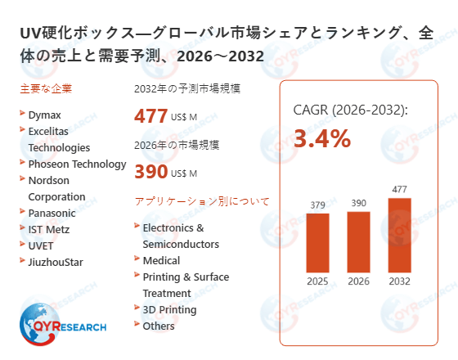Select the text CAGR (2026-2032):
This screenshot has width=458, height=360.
coord(350,110)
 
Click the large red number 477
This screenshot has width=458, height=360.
coord(150,116)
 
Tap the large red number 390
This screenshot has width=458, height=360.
coord(150,172)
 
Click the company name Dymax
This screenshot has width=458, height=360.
coord(44,115)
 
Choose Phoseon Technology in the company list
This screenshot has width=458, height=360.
coord(77,164)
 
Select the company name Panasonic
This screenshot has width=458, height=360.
coord(52,213)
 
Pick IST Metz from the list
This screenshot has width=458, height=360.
coord(49,229)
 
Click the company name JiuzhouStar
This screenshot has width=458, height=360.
coord(56,262)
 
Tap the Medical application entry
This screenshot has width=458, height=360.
coord(161,260)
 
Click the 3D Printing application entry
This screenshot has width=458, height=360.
coord(169,309)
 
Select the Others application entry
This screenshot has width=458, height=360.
coord(159,326)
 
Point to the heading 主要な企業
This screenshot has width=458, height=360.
coord(39,88)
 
